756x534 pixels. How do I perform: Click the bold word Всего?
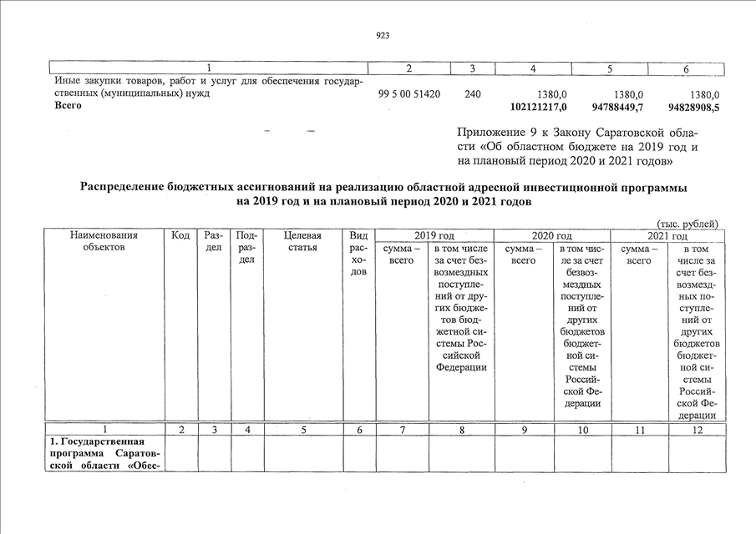coord(68,107)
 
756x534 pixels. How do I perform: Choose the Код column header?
coord(180,235)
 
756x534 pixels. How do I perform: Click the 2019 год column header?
coord(434,235)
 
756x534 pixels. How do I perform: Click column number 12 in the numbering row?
coord(697,430)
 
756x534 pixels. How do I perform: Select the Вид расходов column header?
coord(358,254)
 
